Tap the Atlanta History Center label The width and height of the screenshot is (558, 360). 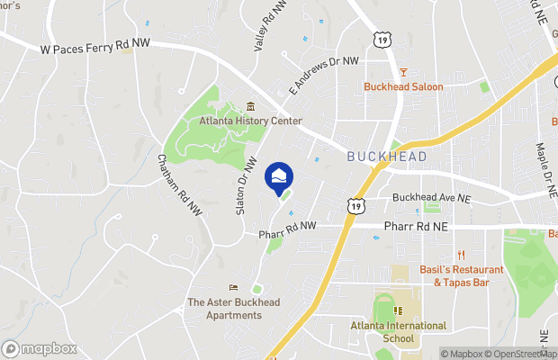pyautogui.click(x=251, y=121)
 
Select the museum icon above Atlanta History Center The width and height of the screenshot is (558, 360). pyautogui.click(x=251, y=106)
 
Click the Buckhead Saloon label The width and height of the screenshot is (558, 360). pyautogui.click(x=403, y=87)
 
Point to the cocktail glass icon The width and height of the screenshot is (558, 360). pyautogui.click(x=403, y=72)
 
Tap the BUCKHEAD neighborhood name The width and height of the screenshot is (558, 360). pyautogui.click(x=387, y=157)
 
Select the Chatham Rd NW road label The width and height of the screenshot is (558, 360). pyautogui.click(x=180, y=184)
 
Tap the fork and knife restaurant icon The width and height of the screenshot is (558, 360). pyautogui.click(x=460, y=255)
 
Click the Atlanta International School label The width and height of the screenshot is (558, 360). pyautogui.click(x=398, y=332)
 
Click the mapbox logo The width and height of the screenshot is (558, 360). pyautogui.click(x=40, y=348)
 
